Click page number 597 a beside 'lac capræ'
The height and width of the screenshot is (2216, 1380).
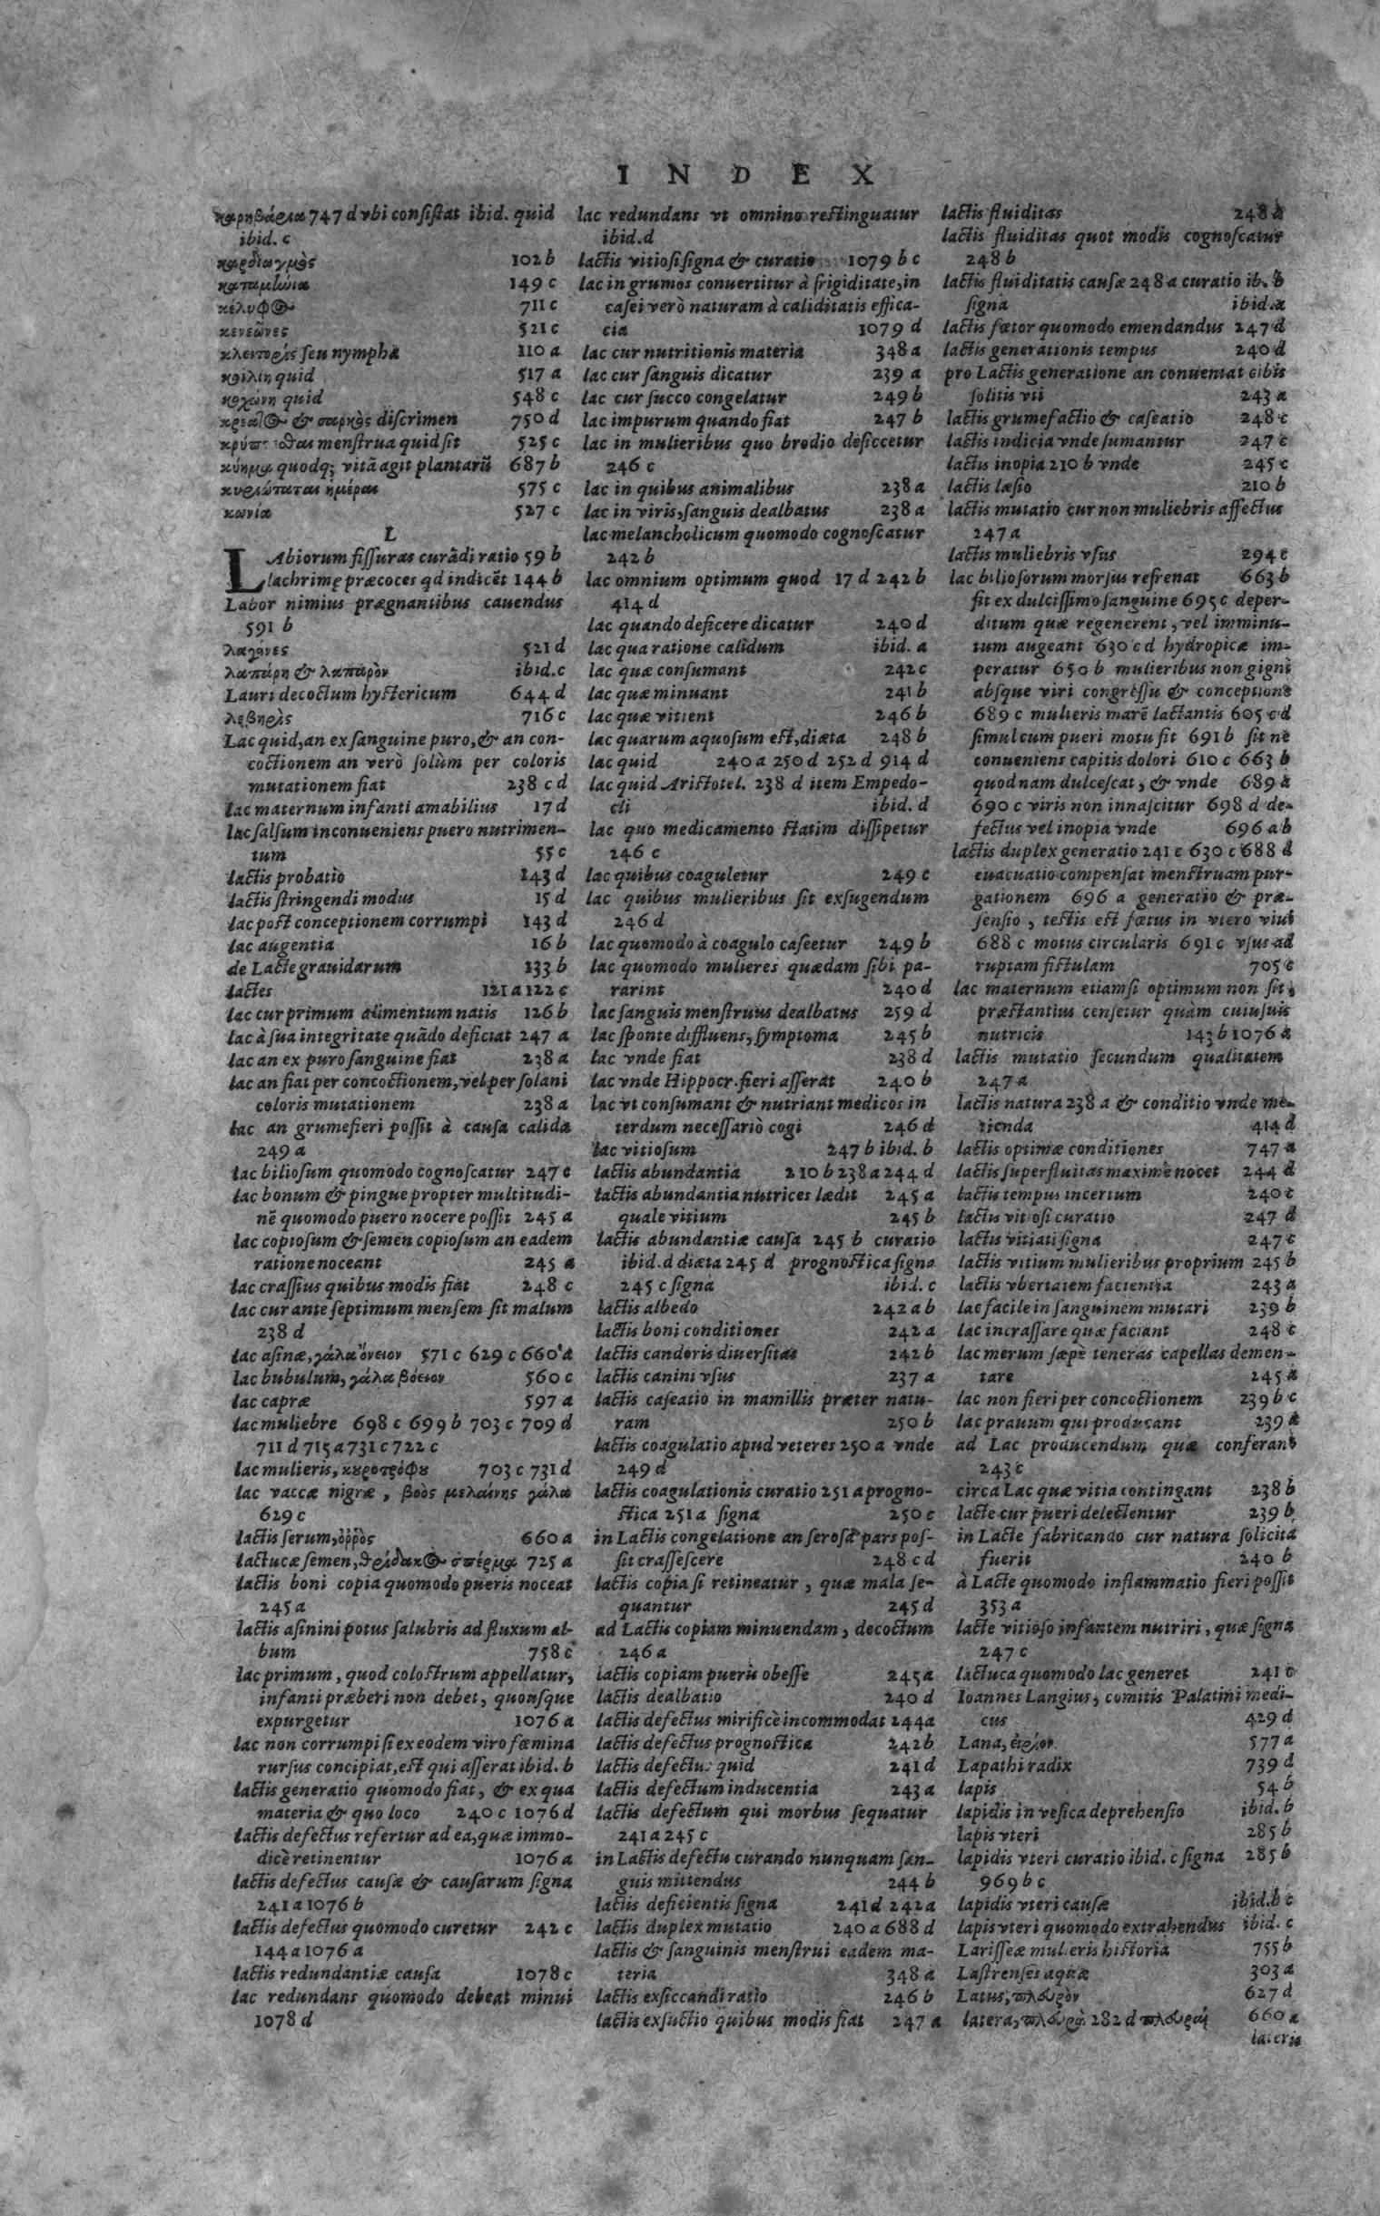pyautogui.click(x=547, y=1398)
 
